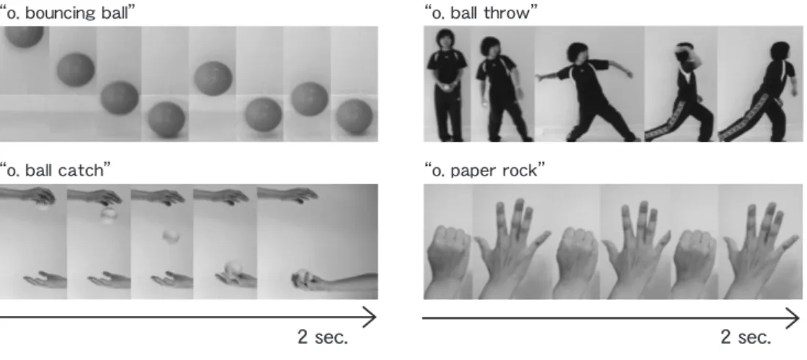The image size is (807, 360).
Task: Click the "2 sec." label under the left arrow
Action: pos(322,337)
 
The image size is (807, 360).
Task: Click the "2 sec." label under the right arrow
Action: pos(746,337)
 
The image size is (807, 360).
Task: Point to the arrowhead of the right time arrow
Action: pos(792,318)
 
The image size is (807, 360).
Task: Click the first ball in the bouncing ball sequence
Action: pos(24,36)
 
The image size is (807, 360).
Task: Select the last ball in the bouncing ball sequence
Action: pos(354,117)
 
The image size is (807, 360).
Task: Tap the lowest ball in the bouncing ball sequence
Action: pos(166,120)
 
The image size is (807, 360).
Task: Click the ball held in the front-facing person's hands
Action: pos(446,88)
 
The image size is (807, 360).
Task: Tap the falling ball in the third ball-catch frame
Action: pos(171,237)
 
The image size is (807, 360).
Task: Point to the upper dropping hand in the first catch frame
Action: pos(29,195)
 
